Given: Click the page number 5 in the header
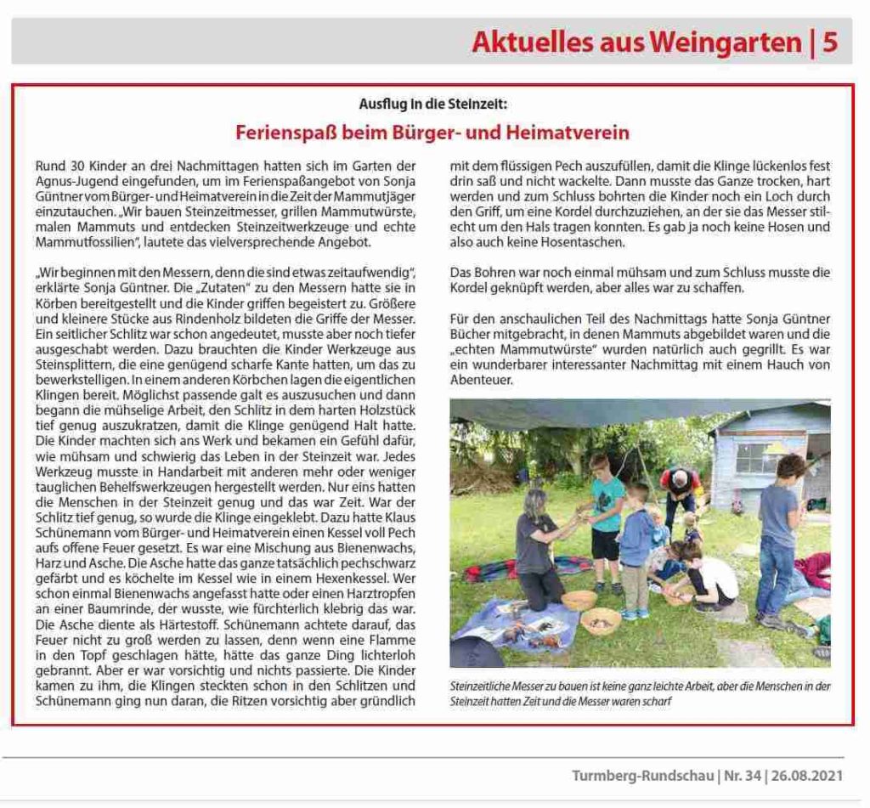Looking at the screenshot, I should coord(830,42).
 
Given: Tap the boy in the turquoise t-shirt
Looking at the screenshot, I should coord(607,518).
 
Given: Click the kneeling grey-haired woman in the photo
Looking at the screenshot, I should coord(540,544).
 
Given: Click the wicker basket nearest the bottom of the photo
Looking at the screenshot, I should coord(600,620).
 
